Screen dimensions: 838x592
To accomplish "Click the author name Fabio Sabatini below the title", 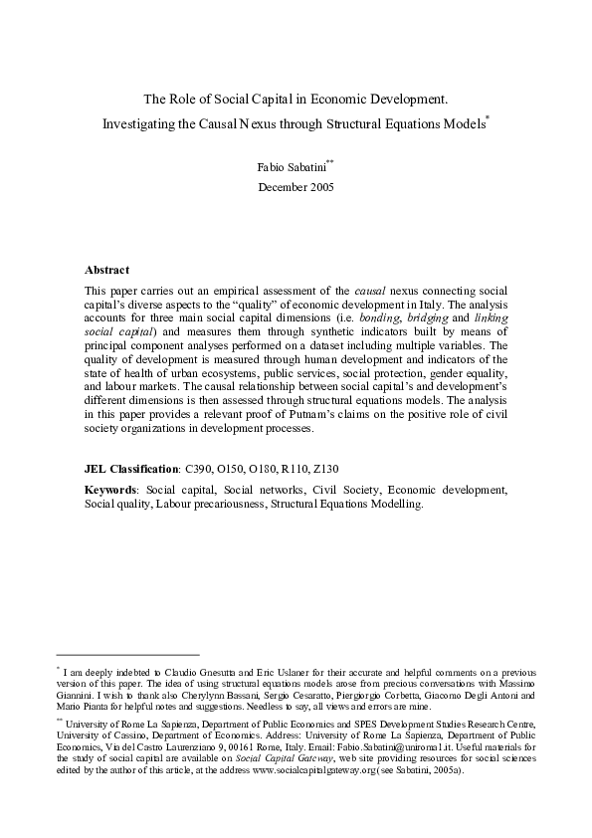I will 291,166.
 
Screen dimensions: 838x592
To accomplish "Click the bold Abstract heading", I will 106,270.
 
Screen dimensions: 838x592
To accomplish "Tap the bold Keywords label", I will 112,490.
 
